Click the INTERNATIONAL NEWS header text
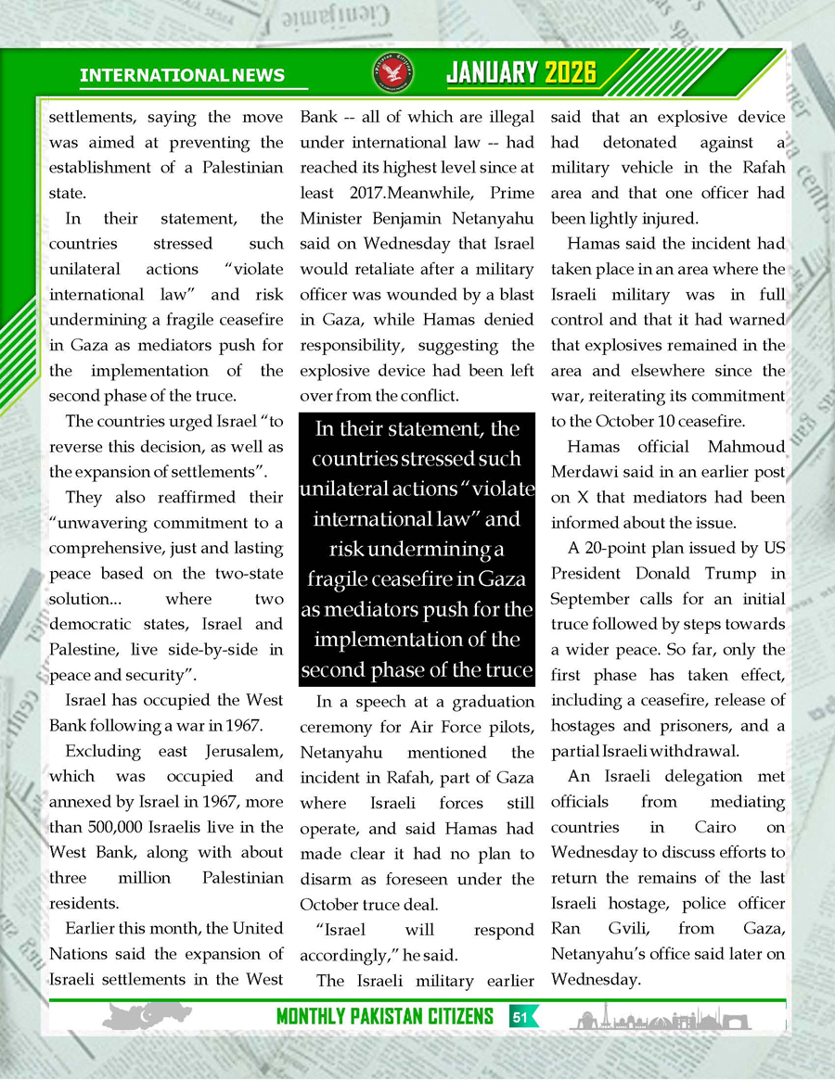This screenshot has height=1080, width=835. coord(183,75)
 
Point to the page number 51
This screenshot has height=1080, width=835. coord(520,1018)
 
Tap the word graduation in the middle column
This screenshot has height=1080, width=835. coord(487,701)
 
